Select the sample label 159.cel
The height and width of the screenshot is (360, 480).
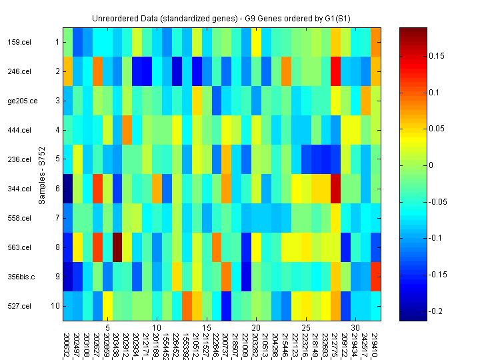coord(18,42)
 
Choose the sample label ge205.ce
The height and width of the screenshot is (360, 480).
coord(19,101)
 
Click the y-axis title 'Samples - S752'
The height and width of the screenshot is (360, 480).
coord(41,174)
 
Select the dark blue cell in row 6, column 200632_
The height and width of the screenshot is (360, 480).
coord(68,189)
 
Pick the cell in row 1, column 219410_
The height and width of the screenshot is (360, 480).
coord(376,42)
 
